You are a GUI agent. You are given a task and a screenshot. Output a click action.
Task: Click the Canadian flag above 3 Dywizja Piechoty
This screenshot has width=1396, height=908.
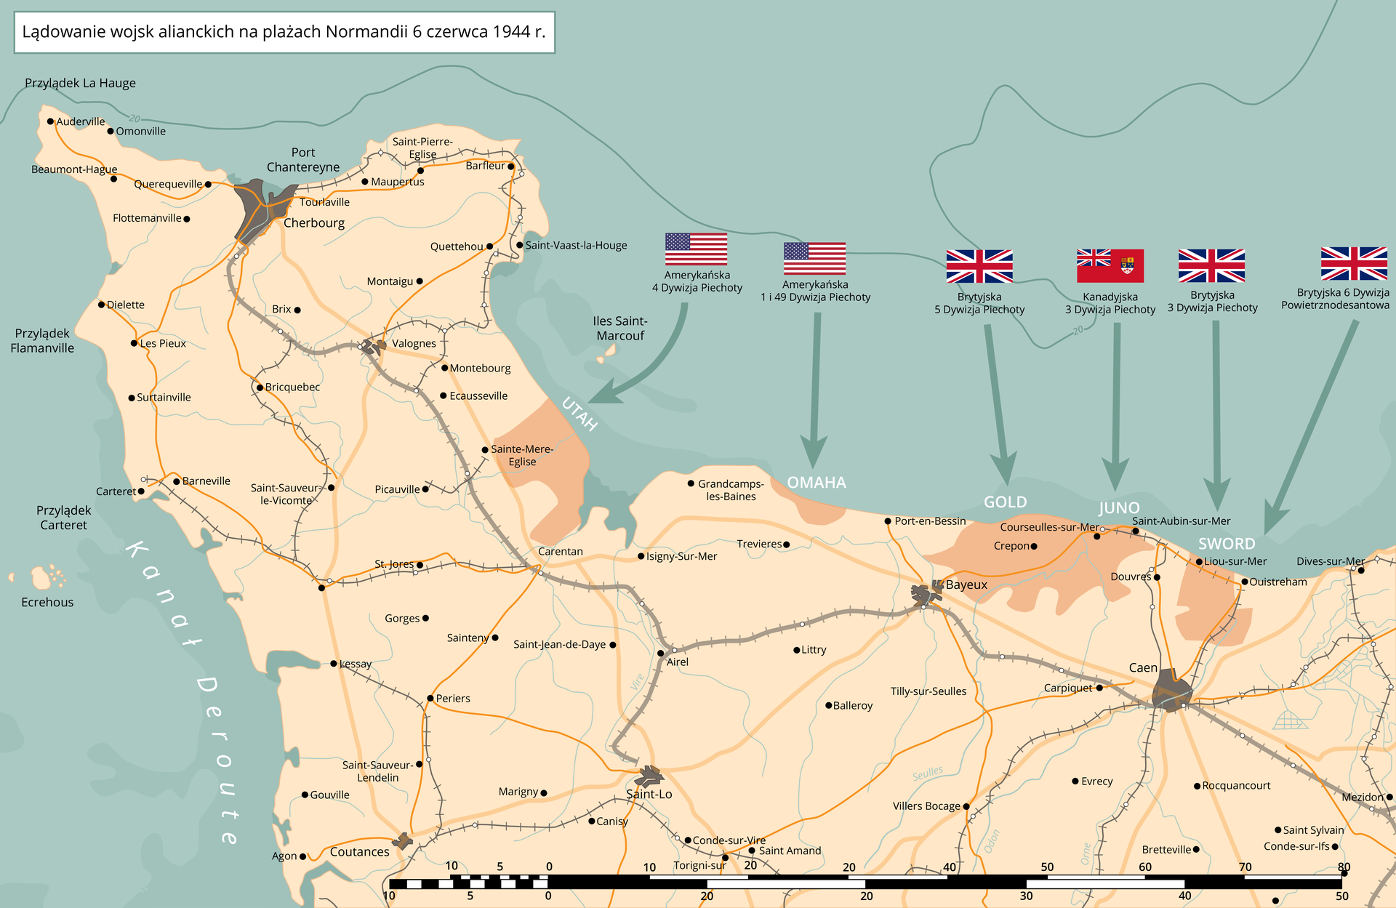(x=1110, y=266)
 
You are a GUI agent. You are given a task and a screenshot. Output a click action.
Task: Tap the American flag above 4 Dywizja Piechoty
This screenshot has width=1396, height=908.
(x=696, y=249)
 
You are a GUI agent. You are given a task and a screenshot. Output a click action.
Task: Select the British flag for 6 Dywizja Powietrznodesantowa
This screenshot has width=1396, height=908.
(x=1354, y=263)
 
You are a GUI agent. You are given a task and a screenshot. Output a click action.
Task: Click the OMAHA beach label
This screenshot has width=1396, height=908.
(x=817, y=483)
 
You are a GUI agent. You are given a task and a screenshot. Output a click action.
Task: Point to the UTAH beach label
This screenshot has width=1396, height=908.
(x=579, y=414)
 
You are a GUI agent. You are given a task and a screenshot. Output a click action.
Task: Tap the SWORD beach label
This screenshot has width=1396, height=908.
(x=1227, y=544)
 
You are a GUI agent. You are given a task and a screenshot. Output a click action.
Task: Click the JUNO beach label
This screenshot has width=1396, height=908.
(x=1119, y=508)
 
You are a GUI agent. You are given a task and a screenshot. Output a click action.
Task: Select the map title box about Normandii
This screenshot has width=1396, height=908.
(x=284, y=32)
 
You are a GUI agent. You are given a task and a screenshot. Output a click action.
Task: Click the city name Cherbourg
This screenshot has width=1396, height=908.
(x=314, y=223)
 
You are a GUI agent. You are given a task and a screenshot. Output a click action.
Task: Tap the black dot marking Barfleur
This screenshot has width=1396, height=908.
(x=511, y=166)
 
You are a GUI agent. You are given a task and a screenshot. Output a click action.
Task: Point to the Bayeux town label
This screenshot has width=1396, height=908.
(x=966, y=585)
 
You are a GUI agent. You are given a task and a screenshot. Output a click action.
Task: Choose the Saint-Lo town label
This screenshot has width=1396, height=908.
(x=649, y=795)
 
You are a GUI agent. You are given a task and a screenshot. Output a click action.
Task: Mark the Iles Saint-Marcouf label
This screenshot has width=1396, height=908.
(x=619, y=329)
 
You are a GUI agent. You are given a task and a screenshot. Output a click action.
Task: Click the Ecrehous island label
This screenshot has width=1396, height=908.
(x=47, y=603)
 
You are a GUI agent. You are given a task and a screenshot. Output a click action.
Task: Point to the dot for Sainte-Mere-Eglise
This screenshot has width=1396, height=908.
(x=485, y=450)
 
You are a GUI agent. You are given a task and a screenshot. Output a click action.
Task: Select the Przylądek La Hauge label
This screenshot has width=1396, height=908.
(x=80, y=84)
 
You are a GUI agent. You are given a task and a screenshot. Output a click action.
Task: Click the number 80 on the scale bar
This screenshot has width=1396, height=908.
(x=1344, y=867)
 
